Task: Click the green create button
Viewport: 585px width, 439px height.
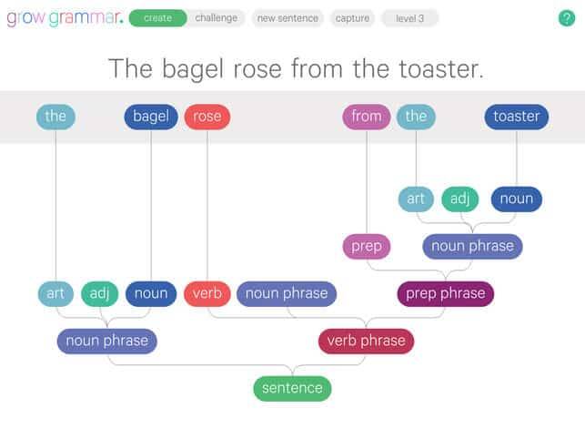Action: click(157, 18)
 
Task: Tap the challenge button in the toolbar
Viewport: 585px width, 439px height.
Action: click(216, 18)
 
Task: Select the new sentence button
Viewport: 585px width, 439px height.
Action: click(287, 18)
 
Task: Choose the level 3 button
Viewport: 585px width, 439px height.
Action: click(409, 18)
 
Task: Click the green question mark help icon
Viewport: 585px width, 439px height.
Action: click(566, 18)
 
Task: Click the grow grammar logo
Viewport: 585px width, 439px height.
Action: click(65, 18)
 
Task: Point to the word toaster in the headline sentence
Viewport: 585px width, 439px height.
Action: click(441, 69)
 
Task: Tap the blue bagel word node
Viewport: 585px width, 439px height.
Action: click(151, 117)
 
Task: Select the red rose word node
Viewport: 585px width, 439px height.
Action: click(207, 117)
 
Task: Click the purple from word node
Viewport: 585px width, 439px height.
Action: click(367, 117)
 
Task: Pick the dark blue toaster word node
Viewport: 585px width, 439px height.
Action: click(517, 117)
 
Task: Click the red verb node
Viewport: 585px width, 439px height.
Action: click(207, 293)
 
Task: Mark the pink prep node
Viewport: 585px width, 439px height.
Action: click(367, 246)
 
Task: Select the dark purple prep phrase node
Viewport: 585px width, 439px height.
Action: click(446, 293)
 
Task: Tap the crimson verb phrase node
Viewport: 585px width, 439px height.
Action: click(366, 341)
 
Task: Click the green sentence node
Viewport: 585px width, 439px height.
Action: click(292, 389)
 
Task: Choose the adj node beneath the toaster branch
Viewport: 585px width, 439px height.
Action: click(459, 199)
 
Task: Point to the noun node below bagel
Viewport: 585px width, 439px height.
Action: click(151, 293)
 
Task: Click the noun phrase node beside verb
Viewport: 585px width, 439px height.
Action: click(287, 293)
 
